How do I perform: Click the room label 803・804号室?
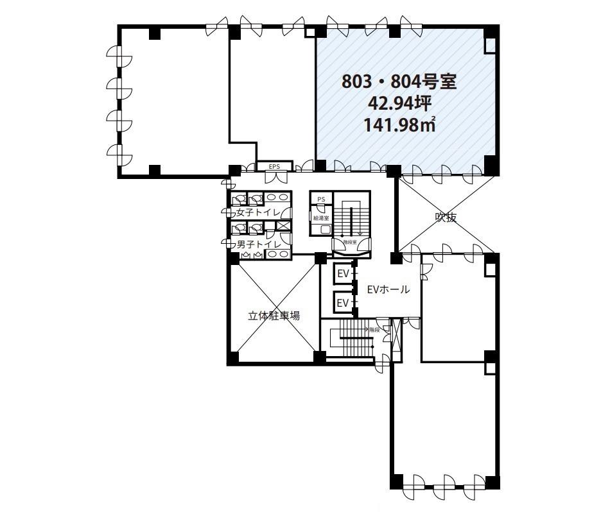pyautogui.click(x=399, y=82)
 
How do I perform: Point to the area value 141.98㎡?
pyautogui.click(x=399, y=124)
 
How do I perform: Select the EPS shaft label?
pyautogui.click(x=275, y=167)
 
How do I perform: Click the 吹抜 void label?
pyautogui.click(x=446, y=218)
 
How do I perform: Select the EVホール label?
pyautogui.click(x=388, y=289)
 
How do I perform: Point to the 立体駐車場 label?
pyautogui.click(x=274, y=316)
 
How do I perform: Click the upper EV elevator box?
pyautogui.click(x=344, y=274)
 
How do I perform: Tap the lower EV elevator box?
pyautogui.click(x=344, y=302)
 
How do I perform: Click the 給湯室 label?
pyautogui.click(x=321, y=218)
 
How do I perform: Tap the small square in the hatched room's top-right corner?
pyautogui.click(x=490, y=44)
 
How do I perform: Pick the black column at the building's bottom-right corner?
pyautogui.click(x=491, y=482)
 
